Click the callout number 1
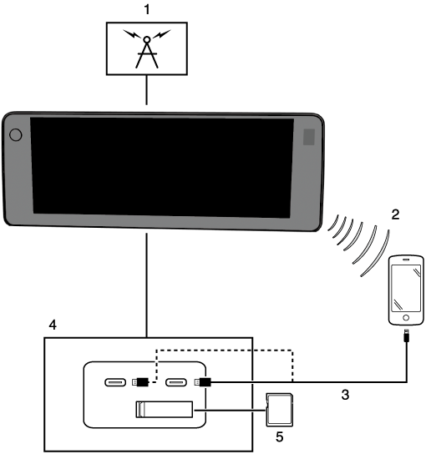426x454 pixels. click(x=147, y=9)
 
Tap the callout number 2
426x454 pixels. click(x=395, y=214)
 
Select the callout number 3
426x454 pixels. click(x=345, y=395)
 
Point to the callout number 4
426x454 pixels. click(x=53, y=325)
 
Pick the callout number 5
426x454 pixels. click(x=279, y=437)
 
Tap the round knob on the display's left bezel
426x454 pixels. click(x=16, y=135)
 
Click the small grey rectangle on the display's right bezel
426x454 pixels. click(x=309, y=137)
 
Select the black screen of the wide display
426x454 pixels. click(x=162, y=168)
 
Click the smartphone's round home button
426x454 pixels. click(x=406, y=318)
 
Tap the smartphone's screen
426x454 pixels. click(x=406, y=288)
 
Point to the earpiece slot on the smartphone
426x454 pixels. click(x=406, y=260)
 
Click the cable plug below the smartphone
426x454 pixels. click(x=407, y=335)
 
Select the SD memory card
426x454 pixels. click(x=279, y=410)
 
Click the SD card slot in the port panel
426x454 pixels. click(x=165, y=410)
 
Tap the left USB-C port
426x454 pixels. click(x=115, y=382)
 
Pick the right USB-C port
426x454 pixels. click(x=176, y=382)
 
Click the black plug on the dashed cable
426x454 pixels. click(x=140, y=382)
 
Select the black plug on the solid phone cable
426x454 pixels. click(x=203, y=382)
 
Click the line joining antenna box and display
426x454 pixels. click(x=147, y=90)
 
